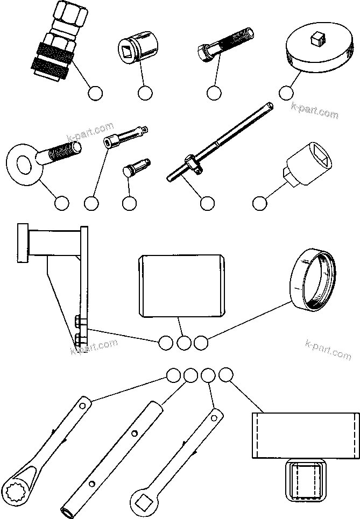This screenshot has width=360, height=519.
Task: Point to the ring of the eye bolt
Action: [24, 162]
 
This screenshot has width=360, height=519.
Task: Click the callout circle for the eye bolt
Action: [62, 203]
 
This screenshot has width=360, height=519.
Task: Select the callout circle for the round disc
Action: [287, 93]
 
